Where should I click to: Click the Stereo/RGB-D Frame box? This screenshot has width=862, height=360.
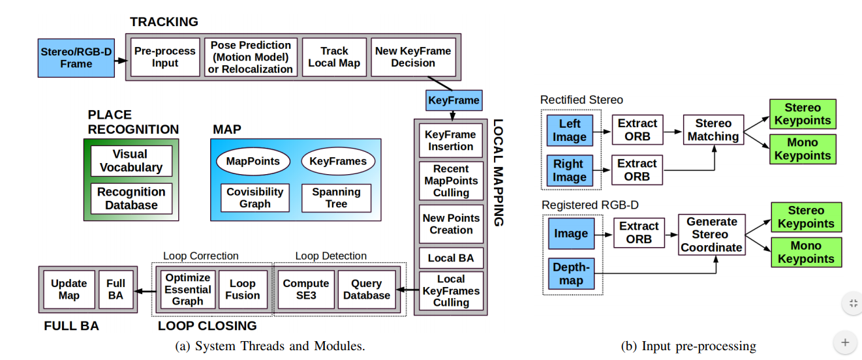pos(76,57)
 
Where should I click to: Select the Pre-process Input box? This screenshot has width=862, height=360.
pos(165,57)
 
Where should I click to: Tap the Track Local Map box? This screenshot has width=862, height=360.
pos(334,57)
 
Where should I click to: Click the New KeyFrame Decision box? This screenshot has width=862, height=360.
pos(413,57)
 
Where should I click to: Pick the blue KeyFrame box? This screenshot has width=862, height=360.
pos(454,100)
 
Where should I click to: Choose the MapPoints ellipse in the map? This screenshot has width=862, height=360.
pos(253,161)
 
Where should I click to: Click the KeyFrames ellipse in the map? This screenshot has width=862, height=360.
pos(338,161)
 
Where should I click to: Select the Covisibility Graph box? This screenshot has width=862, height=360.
pos(254,198)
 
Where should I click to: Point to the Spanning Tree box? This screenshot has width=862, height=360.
pos(336,198)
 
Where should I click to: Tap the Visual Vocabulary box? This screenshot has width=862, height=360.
pos(131,161)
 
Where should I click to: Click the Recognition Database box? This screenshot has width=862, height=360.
pos(131,198)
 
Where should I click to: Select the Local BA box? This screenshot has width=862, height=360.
pos(451,258)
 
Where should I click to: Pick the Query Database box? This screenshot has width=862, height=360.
pos(367,289)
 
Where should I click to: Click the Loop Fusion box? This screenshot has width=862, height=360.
pos(243,289)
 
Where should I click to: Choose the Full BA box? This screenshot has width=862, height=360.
pos(116,289)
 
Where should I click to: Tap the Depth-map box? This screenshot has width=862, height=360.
pos(571,273)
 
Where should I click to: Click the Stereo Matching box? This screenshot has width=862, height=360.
pos(713,130)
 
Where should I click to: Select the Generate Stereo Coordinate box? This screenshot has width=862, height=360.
pos(711,235)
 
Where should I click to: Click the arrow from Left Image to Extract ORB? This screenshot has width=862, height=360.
pos(602,132)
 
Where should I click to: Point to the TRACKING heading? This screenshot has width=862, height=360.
pos(164,22)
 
